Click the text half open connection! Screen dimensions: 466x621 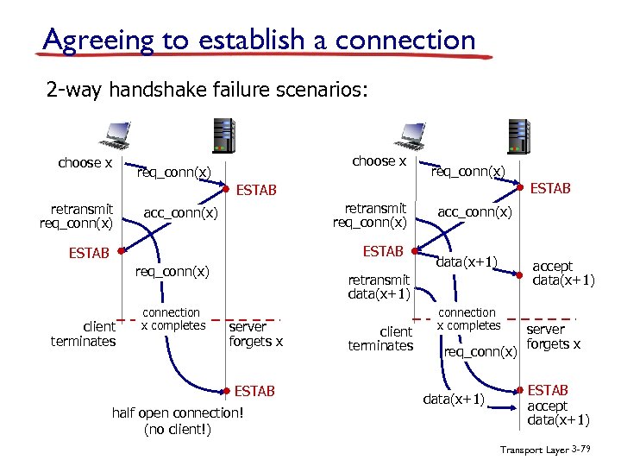(178, 412)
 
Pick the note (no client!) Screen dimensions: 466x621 (178, 429)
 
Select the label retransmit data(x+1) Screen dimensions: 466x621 (378, 287)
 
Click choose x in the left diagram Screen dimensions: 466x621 (85, 163)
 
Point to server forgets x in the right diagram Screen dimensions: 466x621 (553, 337)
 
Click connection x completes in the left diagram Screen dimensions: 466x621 (172, 319)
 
